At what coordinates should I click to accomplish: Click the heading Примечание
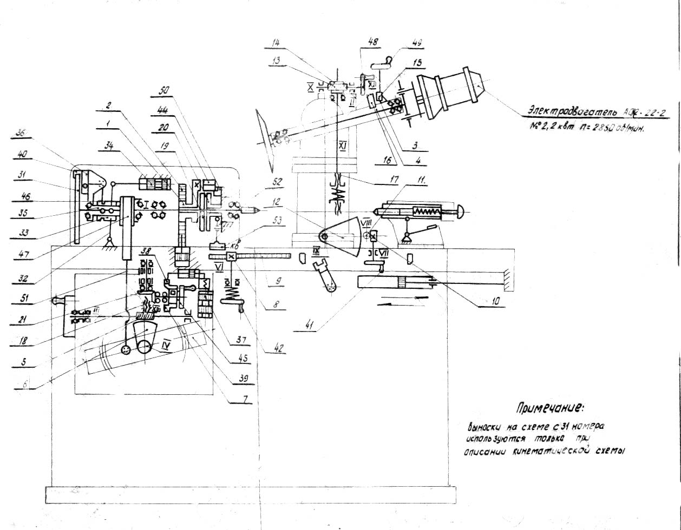[551, 407]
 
